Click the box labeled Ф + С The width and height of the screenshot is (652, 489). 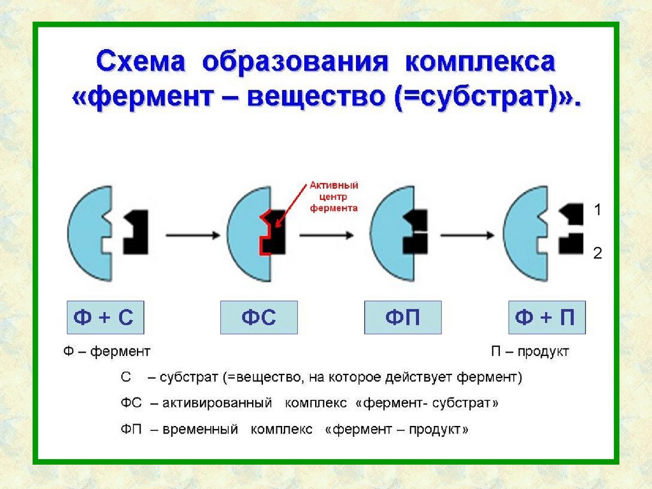click(105, 317)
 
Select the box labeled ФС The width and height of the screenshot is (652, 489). click(259, 317)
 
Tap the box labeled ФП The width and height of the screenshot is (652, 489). click(402, 317)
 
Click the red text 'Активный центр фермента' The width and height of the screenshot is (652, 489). click(334, 196)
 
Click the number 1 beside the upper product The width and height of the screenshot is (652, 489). click(597, 209)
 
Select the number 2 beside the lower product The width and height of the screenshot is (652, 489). click(597, 253)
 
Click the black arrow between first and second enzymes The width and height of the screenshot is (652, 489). click(190, 235)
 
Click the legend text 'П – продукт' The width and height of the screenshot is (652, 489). click(529, 351)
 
